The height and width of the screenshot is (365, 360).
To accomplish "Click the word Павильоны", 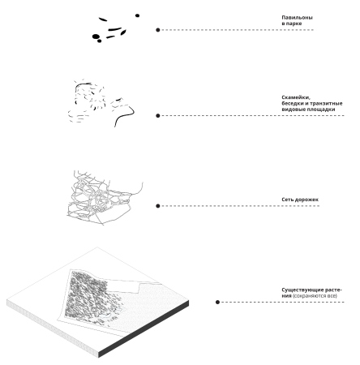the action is [x=297, y=18].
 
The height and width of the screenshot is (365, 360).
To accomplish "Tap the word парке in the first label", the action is [x=294, y=24].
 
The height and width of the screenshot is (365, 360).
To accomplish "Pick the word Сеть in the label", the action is [x=287, y=200].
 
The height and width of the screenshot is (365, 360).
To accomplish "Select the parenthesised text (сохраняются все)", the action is [x=315, y=296].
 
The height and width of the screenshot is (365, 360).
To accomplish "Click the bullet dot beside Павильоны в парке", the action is [x=158, y=30].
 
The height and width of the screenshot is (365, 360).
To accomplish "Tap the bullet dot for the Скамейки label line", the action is [x=158, y=116].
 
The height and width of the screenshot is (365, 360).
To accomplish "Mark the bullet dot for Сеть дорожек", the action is [x=158, y=206].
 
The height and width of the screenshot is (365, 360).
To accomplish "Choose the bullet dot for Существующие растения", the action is [x=217, y=302].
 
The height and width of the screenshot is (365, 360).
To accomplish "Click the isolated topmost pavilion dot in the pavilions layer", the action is [x=137, y=15].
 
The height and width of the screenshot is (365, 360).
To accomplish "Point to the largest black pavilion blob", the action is [x=96, y=36].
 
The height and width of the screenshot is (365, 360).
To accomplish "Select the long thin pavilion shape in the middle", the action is [x=115, y=29].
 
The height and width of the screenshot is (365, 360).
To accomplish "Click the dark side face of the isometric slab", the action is [x=144, y=329].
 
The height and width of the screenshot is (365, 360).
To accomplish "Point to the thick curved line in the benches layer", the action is [x=125, y=115].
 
